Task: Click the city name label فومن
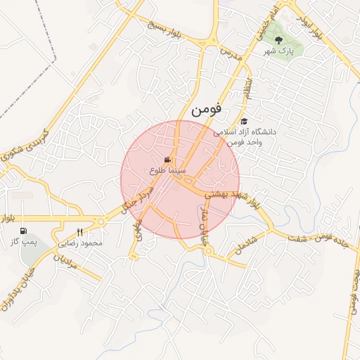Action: click(x=205, y=110)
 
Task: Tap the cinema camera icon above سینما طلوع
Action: click(x=167, y=160)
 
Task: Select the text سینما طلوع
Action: click(x=167, y=170)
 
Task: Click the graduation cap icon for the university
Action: click(x=244, y=121)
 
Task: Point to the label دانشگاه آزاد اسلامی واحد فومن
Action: click(x=247, y=136)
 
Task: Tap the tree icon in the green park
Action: click(x=278, y=40)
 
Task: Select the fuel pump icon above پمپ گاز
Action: click(x=25, y=231)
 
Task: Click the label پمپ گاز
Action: click(x=23, y=241)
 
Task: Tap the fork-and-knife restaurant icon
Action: click(x=79, y=232)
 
